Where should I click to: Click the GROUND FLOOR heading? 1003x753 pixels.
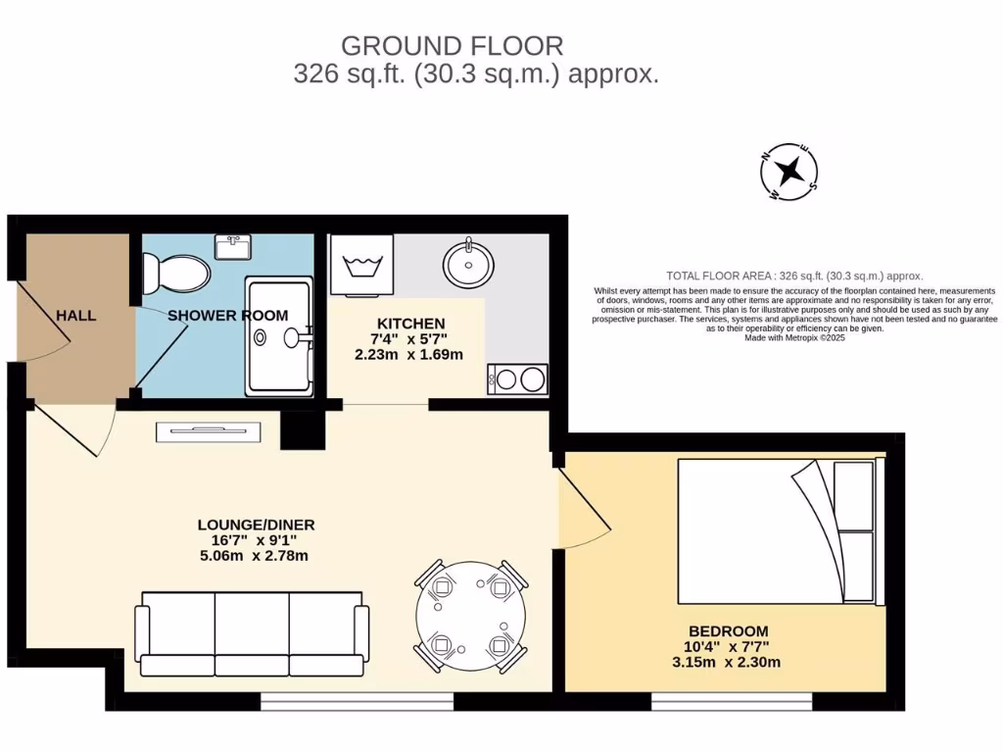pyautogui.click(x=452, y=45)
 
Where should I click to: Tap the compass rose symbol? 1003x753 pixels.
pyautogui.click(x=789, y=172)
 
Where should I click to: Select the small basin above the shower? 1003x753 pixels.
pyautogui.click(x=232, y=247)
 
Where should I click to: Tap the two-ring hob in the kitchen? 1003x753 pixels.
pyautogui.click(x=517, y=378)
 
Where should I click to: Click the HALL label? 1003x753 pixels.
pyautogui.click(x=75, y=316)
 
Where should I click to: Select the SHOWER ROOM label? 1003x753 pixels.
pyautogui.click(x=228, y=316)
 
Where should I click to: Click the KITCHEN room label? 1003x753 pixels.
pyautogui.click(x=411, y=323)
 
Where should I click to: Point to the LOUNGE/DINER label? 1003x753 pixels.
pyautogui.click(x=256, y=525)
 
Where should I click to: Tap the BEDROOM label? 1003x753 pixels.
pyautogui.click(x=728, y=630)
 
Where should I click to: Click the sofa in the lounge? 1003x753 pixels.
pyautogui.click(x=252, y=633)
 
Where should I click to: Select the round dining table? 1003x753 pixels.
pyautogui.click(x=471, y=617)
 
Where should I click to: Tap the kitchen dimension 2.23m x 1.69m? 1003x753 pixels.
pyautogui.click(x=408, y=354)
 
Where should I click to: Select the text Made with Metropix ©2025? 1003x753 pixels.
pyautogui.click(x=794, y=337)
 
